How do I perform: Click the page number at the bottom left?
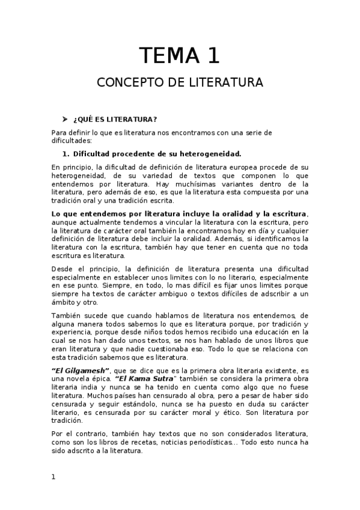53,477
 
